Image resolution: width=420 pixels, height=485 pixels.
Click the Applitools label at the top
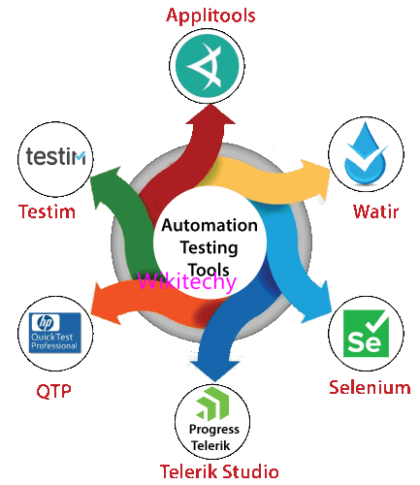pyautogui.click(x=210, y=15)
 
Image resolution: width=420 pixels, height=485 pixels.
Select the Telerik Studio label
pyautogui.click(x=219, y=472)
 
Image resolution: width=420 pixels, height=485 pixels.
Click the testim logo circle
pyautogui.click(x=54, y=156)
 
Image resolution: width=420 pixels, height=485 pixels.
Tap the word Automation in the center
pyautogui.click(x=210, y=225)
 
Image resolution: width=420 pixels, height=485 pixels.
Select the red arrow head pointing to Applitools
pyautogui.click(x=208, y=116)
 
